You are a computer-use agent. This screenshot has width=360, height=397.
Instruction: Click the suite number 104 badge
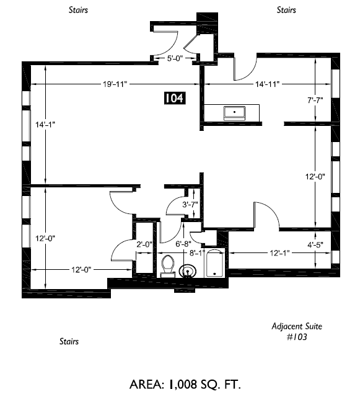click(x=175, y=98)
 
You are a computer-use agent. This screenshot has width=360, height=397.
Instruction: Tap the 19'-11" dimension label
click(x=115, y=84)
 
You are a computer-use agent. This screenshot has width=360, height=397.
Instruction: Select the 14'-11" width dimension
click(x=267, y=84)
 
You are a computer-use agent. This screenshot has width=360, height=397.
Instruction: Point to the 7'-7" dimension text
click(x=315, y=100)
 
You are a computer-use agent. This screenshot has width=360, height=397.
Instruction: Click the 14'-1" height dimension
click(x=45, y=125)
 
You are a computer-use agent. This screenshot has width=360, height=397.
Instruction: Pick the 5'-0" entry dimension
click(x=175, y=58)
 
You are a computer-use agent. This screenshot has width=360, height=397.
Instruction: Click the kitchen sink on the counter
click(x=234, y=113)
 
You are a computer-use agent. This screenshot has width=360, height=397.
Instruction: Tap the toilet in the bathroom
click(x=168, y=266)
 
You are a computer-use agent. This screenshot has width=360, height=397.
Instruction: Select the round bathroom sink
click(x=188, y=271)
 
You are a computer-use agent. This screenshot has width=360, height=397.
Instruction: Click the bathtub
click(x=214, y=263)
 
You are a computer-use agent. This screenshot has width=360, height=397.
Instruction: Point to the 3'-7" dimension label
click(x=190, y=204)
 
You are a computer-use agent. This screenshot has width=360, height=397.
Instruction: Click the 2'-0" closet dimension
click(x=144, y=244)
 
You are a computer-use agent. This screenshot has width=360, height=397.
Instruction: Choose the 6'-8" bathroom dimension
click(x=183, y=244)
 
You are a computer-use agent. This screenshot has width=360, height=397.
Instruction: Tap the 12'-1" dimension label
click(x=279, y=253)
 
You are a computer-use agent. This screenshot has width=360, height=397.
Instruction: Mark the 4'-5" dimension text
click(x=315, y=245)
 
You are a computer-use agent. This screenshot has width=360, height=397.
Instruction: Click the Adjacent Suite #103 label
click(x=297, y=331)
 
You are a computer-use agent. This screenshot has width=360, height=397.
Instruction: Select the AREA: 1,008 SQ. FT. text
click(x=185, y=385)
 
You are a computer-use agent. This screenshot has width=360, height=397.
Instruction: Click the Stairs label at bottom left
click(x=69, y=341)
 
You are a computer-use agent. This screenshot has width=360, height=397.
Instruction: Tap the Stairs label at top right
click(x=286, y=10)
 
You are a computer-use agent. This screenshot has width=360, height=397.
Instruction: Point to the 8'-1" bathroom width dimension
click(x=197, y=253)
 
